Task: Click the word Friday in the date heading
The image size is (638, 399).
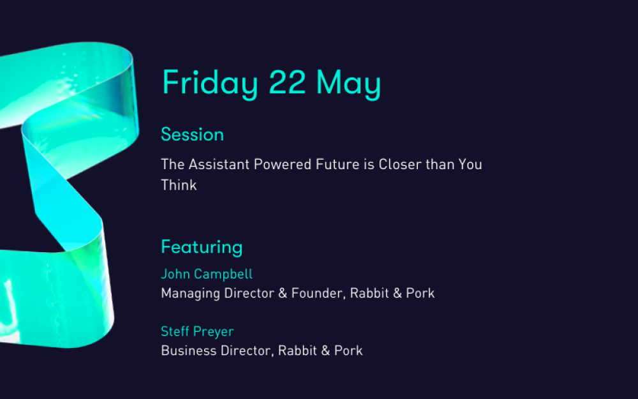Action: pos(210,83)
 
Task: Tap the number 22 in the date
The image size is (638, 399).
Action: pos(287,82)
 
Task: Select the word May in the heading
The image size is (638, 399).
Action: pos(349,84)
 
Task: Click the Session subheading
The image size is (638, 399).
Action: pos(193,135)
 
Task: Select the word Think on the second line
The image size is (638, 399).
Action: pos(179,185)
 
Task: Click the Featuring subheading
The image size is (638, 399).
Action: pos(202,248)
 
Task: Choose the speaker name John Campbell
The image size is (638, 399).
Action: pos(207,274)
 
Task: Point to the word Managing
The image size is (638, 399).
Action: pos(190,294)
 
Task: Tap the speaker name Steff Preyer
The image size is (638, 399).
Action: pos(197,331)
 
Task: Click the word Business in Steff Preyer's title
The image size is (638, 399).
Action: pos(189,350)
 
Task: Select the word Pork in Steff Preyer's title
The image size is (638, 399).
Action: pos(348,350)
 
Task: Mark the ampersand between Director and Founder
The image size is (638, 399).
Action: pos(283,293)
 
